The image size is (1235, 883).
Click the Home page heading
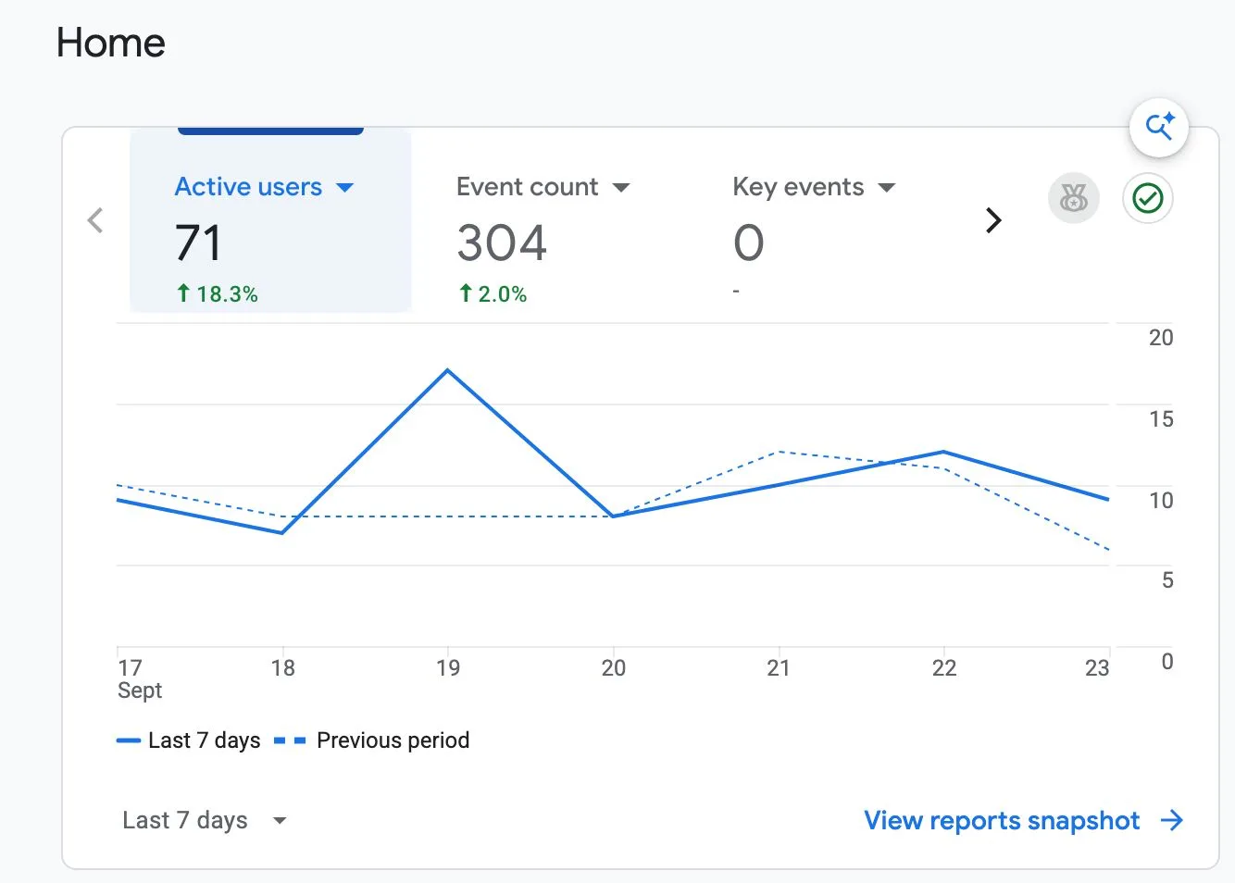pyautogui.click(x=110, y=43)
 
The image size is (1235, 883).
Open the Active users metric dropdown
pyautogui.click(x=345, y=188)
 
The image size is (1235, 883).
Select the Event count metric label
pyautogui.click(x=527, y=187)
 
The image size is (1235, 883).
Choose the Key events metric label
pyautogui.click(x=798, y=187)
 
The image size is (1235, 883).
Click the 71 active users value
pyautogui.click(x=198, y=243)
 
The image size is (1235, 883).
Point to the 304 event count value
pyautogui.click(x=502, y=243)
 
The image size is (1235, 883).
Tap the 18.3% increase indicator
pyautogui.click(x=218, y=293)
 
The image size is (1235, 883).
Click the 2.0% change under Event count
pyautogui.click(x=493, y=293)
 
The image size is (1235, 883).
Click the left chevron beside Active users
pyautogui.click(x=95, y=220)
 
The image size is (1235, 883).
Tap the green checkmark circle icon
pyautogui.click(x=1147, y=198)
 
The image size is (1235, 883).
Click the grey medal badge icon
pyautogui.click(x=1074, y=198)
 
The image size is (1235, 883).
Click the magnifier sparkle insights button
pyautogui.click(x=1158, y=128)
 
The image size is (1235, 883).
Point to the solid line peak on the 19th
pyautogui.click(x=448, y=370)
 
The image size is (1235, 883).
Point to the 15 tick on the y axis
pyautogui.click(x=1161, y=419)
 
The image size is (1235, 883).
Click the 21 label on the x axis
pyautogui.click(x=778, y=668)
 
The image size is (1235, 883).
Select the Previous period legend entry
pyautogui.click(x=371, y=740)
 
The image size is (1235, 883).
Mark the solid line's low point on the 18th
pyautogui.click(x=282, y=533)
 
